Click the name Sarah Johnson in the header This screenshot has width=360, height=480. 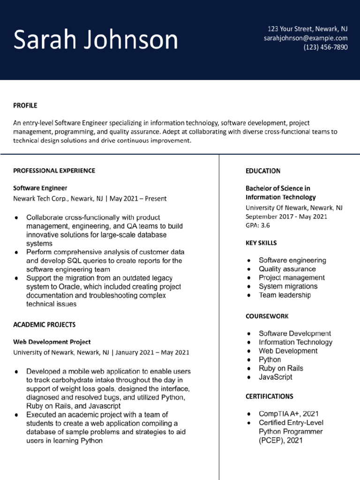[x=96, y=40]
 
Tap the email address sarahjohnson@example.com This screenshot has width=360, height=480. [x=306, y=38]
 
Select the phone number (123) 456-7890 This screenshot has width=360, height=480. [x=325, y=47]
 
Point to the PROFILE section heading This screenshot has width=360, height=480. [x=25, y=105]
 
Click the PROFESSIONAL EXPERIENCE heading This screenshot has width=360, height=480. [x=54, y=171]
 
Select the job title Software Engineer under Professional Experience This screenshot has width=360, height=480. [x=40, y=188]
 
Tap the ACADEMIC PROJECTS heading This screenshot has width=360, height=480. [x=44, y=324]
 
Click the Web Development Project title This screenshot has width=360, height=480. [x=52, y=342]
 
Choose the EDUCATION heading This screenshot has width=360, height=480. [x=263, y=171]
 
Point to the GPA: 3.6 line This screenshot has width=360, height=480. [x=258, y=225]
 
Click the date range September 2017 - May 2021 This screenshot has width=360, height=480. [x=286, y=216]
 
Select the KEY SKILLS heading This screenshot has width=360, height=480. [x=261, y=243]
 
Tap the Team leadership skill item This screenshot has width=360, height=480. [x=285, y=295]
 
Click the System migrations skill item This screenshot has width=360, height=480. [x=288, y=286]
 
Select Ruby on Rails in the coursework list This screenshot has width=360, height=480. [x=281, y=368]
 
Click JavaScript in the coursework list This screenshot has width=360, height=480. [x=275, y=377]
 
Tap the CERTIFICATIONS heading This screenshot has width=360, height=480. [x=270, y=397]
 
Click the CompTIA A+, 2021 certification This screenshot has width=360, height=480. [x=288, y=414]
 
